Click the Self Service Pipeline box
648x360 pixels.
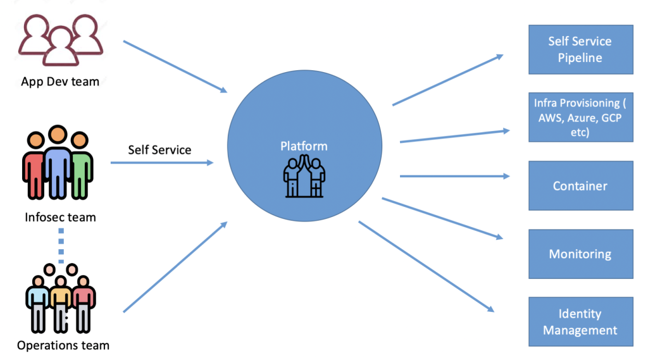tap(580, 49)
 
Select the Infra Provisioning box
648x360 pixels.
tap(580, 117)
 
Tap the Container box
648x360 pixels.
tap(580, 185)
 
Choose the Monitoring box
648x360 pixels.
tap(580, 254)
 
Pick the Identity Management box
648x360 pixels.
tap(580, 322)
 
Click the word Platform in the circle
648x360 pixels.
tap(304, 146)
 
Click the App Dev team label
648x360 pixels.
tap(60, 81)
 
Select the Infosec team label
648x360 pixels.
tap(60, 217)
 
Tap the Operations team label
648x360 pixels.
tap(63, 345)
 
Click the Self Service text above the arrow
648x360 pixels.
tap(159, 149)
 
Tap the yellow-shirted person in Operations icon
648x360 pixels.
tap(61, 301)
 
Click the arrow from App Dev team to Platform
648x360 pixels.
tap(175, 67)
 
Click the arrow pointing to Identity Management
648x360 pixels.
tap(425, 266)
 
